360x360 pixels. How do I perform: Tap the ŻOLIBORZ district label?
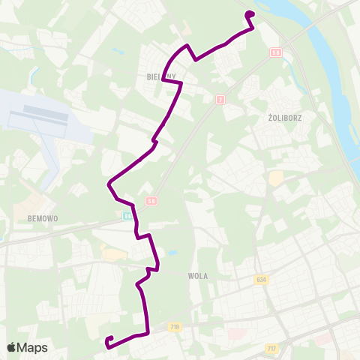pyautogui.click(x=283, y=118)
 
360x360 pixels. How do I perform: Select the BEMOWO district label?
pyautogui.click(x=42, y=218)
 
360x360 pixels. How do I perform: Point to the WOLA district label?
pyautogui.click(x=198, y=275)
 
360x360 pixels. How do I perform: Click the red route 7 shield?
pyautogui.click(x=220, y=100)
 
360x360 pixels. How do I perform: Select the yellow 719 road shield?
pyautogui.click(x=175, y=327)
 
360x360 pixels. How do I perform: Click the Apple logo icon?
pyautogui.click(x=12, y=347)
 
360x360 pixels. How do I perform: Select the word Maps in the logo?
pyautogui.click(x=33, y=347)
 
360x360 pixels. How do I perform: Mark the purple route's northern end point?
pyautogui.click(x=250, y=13)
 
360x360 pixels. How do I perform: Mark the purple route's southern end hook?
pyautogui.click(x=109, y=340)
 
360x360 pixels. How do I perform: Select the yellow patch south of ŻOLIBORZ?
pyautogui.click(x=276, y=178)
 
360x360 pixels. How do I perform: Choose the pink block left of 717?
pyautogui.click(x=236, y=334)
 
